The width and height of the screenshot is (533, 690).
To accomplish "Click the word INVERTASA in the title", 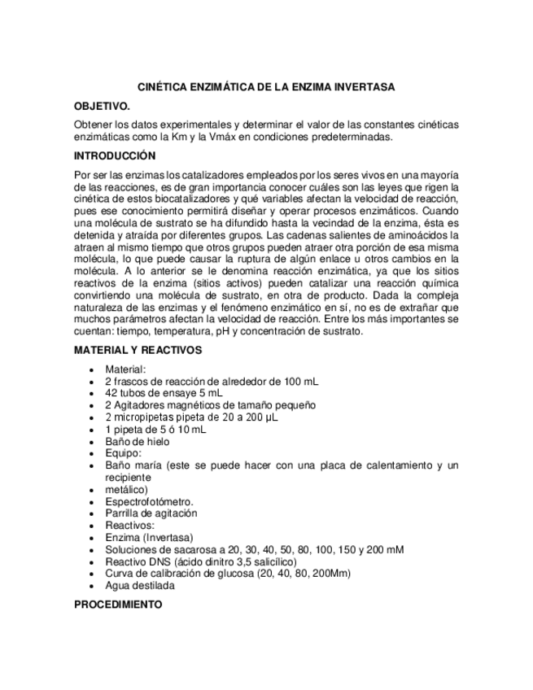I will [x=360, y=86].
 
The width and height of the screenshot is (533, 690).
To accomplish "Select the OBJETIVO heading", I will [x=102, y=107].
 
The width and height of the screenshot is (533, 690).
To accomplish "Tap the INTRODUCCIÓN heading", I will [x=114, y=155].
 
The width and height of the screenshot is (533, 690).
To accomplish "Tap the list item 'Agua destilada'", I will [x=139, y=585].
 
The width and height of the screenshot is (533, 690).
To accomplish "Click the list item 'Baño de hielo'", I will [x=137, y=440].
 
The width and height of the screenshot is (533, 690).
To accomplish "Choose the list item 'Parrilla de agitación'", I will [x=152, y=514].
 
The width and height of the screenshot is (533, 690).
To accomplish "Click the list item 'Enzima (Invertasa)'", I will [x=149, y=538].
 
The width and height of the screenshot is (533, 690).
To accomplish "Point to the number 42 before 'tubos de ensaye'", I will [x=111, y=392].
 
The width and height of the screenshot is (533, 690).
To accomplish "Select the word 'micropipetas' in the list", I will [x=143, y=417].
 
